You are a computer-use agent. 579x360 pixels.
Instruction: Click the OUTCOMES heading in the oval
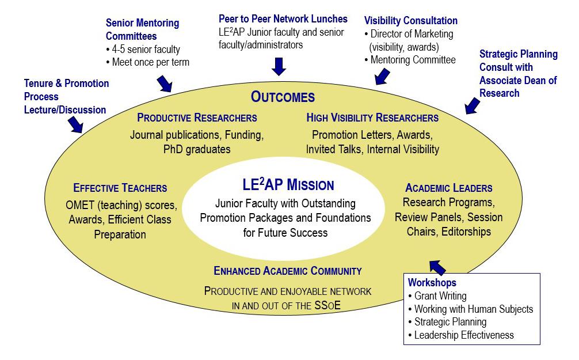tap(283, 97)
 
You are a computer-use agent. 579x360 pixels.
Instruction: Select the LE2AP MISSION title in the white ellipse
tap(288, 185)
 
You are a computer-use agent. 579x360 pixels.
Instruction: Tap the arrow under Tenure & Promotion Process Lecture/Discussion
tap(75, 124)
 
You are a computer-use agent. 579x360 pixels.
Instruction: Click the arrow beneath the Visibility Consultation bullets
tap(381, 75)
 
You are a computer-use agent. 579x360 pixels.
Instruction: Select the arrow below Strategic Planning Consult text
tap(472, 105)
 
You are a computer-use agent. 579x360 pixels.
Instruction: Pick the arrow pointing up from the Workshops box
tap(437, 266)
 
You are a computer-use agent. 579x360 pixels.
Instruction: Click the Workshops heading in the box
tap(432, 282)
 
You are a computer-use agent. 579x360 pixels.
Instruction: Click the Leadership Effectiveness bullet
tap(464, 335)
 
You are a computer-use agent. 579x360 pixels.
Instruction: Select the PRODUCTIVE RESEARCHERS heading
tap(197, 118)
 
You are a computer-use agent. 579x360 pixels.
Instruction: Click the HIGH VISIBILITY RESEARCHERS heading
tap(372, 118)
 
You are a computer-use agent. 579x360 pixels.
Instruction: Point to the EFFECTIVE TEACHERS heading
tap(120, 188)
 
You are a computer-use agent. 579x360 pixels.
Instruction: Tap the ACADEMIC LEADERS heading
tap(448, 188)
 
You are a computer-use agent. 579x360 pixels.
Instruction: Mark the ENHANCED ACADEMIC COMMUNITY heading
tap(287, 270)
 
